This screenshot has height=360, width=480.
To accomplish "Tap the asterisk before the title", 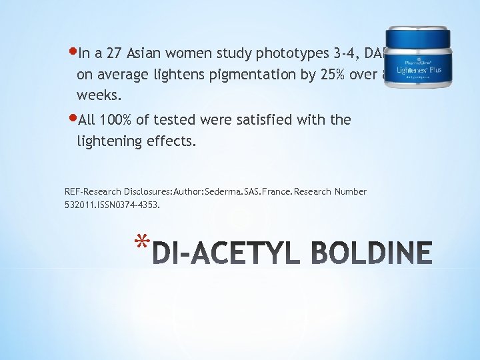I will coord(139,243).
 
